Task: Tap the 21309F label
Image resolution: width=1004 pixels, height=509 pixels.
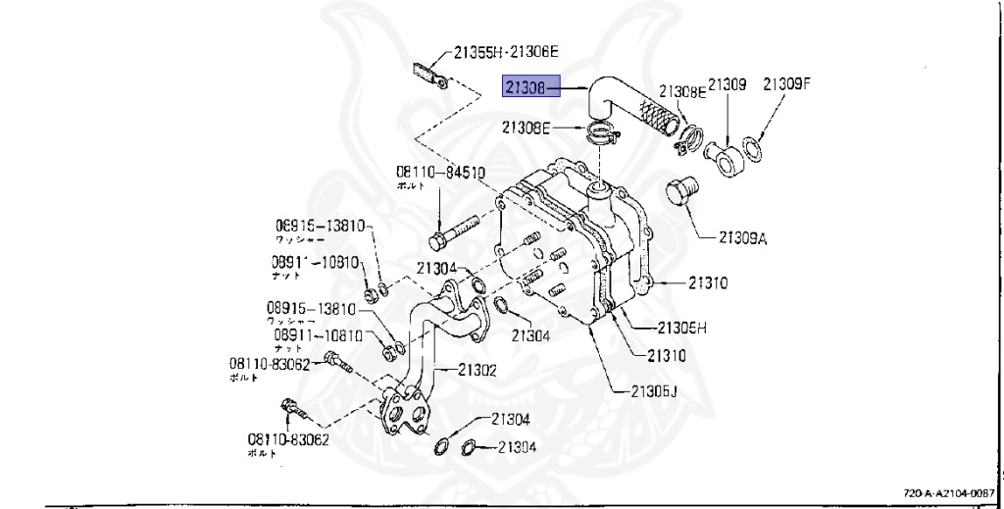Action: [x=788, y=84]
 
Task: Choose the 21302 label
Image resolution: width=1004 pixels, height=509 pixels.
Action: [x=474, y=370]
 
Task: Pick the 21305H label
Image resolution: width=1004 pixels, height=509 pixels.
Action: [x=681, y=328]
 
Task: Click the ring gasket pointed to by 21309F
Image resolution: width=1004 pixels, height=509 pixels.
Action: [x=753, y=150]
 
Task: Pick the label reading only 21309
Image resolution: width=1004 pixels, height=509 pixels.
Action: [x=728, y=84]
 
